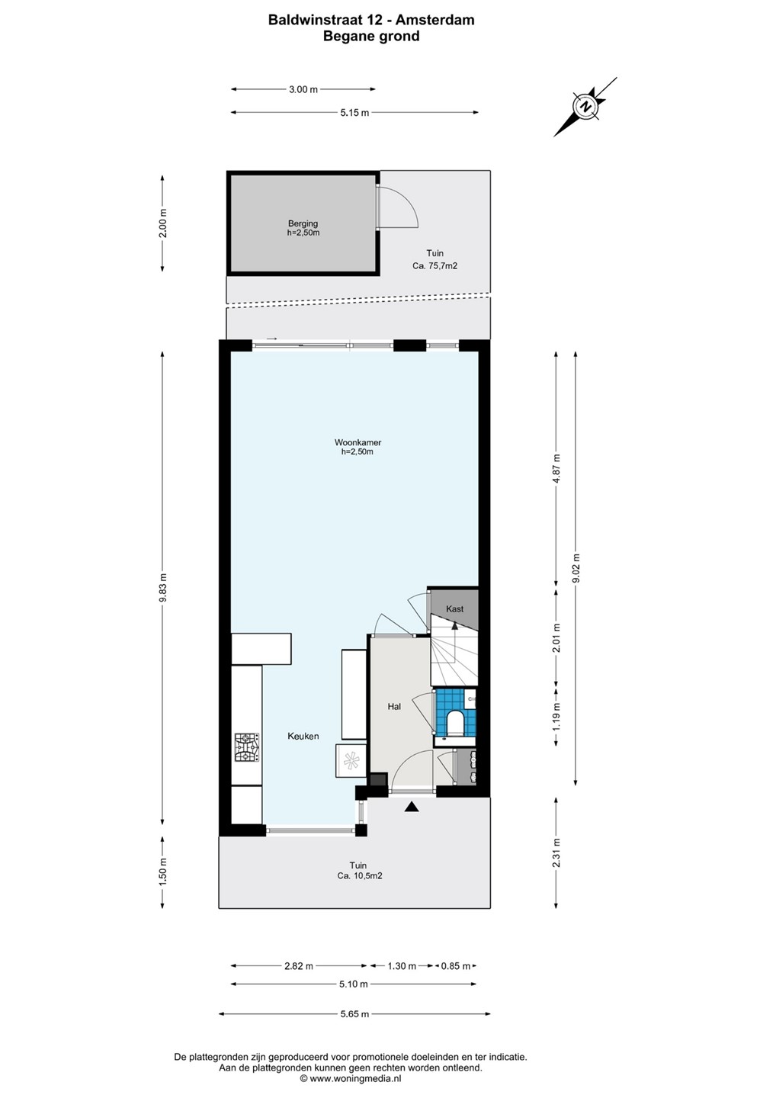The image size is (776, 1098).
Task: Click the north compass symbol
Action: (x=585, y=107)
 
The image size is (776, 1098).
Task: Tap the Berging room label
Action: (x=303, y=223)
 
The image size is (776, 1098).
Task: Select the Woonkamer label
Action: (x=358, y=442)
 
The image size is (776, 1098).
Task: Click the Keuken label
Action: (x=303, y=736)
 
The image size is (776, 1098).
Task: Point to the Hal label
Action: (x=394, y=706)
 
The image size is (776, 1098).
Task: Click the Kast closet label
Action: (x=454, y=608)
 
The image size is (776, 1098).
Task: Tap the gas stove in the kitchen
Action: (x=247, y=747)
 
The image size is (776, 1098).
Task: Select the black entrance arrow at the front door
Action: (x=412, y=807)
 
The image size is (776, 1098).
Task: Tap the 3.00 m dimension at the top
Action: (x=303, y=89)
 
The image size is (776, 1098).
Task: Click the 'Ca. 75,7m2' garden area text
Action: (x=435, y=266)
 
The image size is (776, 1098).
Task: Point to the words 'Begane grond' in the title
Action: (x=371, y=36)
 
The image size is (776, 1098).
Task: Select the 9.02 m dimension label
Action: (x=576, y=567)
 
